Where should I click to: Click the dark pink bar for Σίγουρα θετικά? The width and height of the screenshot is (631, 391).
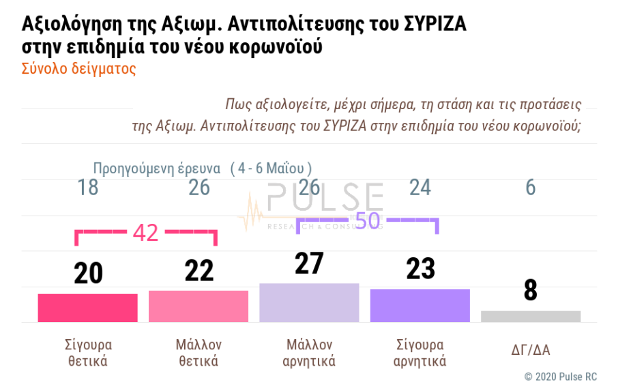87,308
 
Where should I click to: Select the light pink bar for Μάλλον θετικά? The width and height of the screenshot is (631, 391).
199,306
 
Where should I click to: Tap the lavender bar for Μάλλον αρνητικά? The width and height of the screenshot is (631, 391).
309,302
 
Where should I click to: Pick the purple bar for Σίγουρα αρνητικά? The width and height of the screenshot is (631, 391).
420,305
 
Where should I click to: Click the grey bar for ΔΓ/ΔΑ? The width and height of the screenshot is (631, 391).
531,316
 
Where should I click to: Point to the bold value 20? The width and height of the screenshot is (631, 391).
88,274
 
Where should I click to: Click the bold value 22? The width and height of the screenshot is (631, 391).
199,271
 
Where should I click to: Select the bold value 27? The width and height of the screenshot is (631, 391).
309,263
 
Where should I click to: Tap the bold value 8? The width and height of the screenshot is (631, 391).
531,291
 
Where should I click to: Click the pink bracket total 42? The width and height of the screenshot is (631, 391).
145,233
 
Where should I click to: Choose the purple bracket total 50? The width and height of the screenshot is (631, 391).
368,220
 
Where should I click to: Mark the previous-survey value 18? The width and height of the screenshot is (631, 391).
88,188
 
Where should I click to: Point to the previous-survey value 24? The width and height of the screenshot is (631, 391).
420,188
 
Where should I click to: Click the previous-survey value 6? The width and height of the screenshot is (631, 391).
531,188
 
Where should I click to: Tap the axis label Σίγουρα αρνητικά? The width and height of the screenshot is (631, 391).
420,353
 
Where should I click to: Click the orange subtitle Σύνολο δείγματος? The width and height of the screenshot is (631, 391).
79,69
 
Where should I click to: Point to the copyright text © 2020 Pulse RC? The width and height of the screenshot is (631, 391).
560,377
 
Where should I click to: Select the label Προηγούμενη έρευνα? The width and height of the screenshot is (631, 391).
156,168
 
